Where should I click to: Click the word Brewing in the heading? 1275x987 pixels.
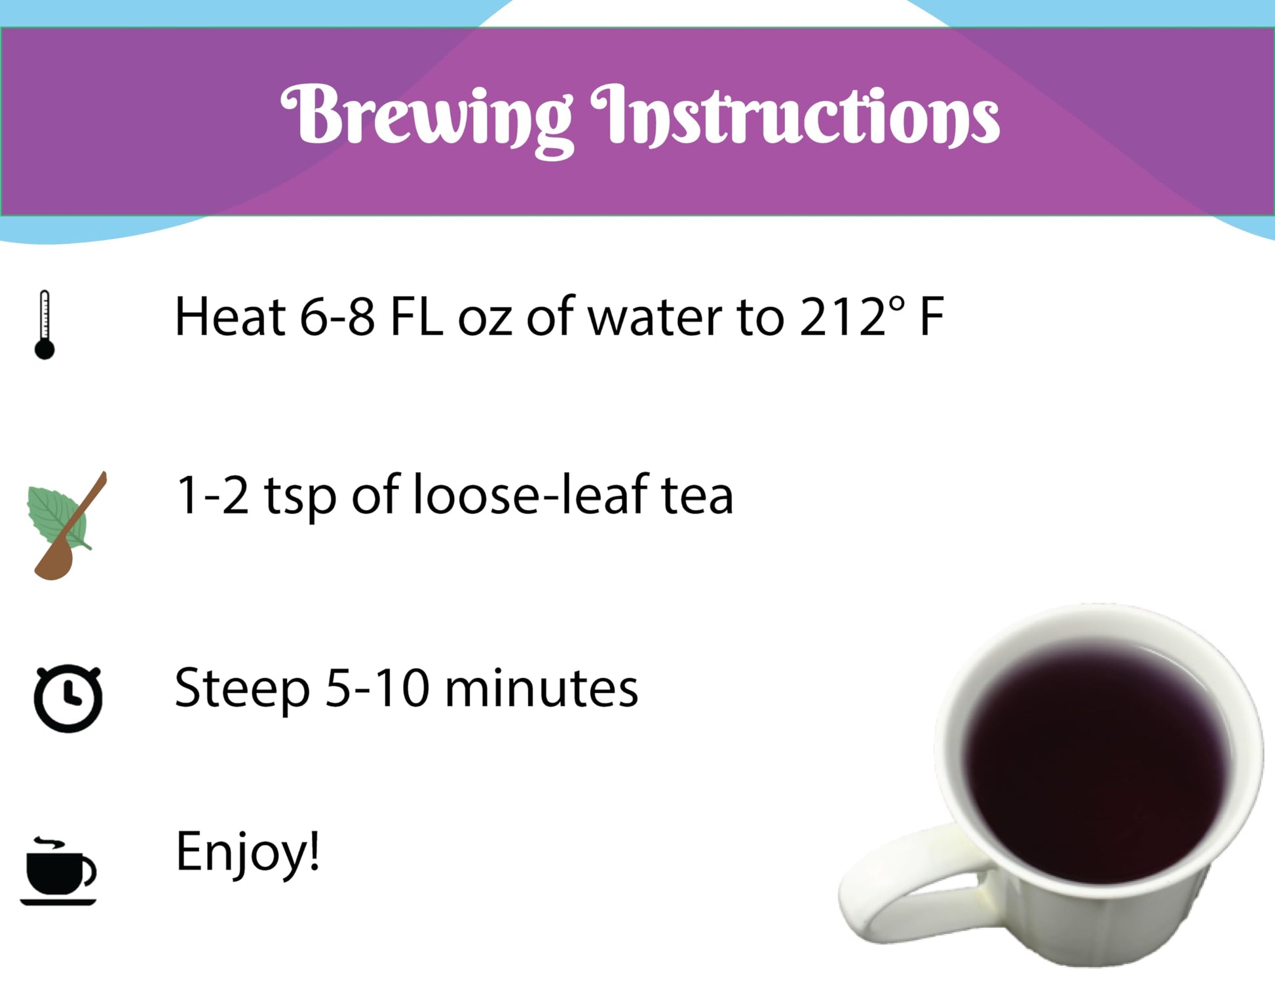click(426, 118)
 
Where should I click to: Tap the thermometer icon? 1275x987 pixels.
click(45, 325)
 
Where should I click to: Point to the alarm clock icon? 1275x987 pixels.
click(67, 697)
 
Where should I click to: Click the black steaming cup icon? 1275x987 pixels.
click(59, 871)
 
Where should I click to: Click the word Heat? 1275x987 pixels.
click(230, 317)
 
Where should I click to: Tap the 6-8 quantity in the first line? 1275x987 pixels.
click(337, 317)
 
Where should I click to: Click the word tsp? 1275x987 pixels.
click(301, 496)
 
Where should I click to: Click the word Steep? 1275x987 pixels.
click(242, 690)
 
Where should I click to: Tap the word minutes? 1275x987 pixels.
click(541, 688)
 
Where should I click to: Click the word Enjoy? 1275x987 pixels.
click(248, 851)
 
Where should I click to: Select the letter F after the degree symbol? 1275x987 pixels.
click(932, 317)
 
